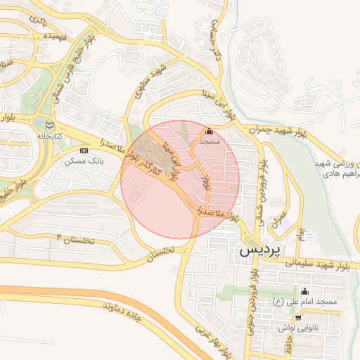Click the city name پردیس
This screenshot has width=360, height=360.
[x=259, y=249]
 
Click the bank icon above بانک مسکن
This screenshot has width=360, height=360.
[x=84, y=150]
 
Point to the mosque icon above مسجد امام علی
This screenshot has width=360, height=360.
[x=304, y=292]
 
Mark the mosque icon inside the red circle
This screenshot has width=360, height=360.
[x=209, y=131]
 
